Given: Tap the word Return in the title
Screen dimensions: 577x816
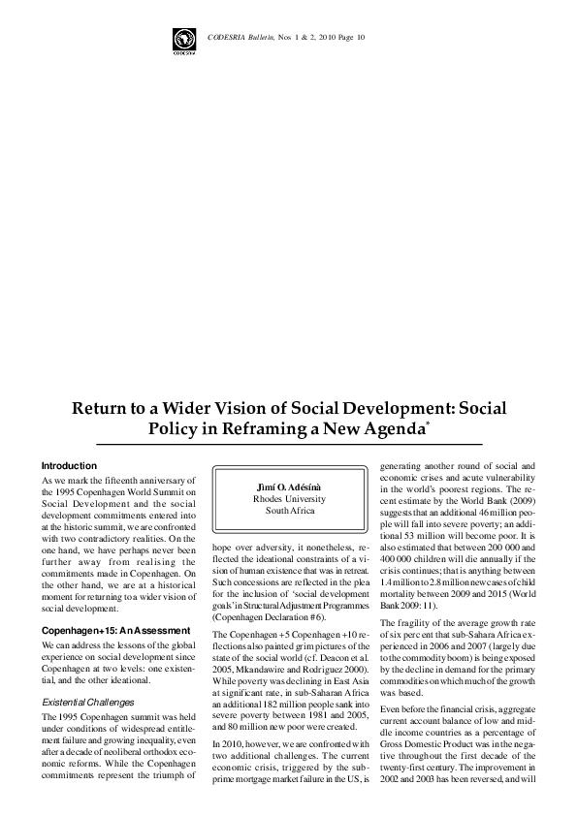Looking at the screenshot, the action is pos(104,406).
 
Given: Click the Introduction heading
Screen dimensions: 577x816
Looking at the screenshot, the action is pos(69,466).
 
